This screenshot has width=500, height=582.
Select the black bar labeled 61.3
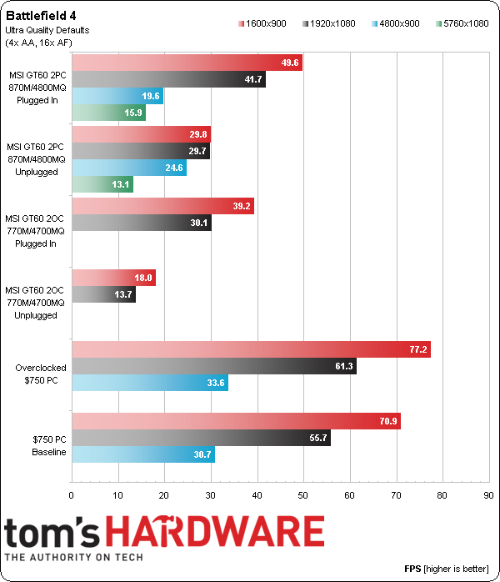214,367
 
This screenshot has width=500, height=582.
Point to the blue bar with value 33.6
150,384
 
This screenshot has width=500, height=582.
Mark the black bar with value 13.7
104,294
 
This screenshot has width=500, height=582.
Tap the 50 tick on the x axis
304,494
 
